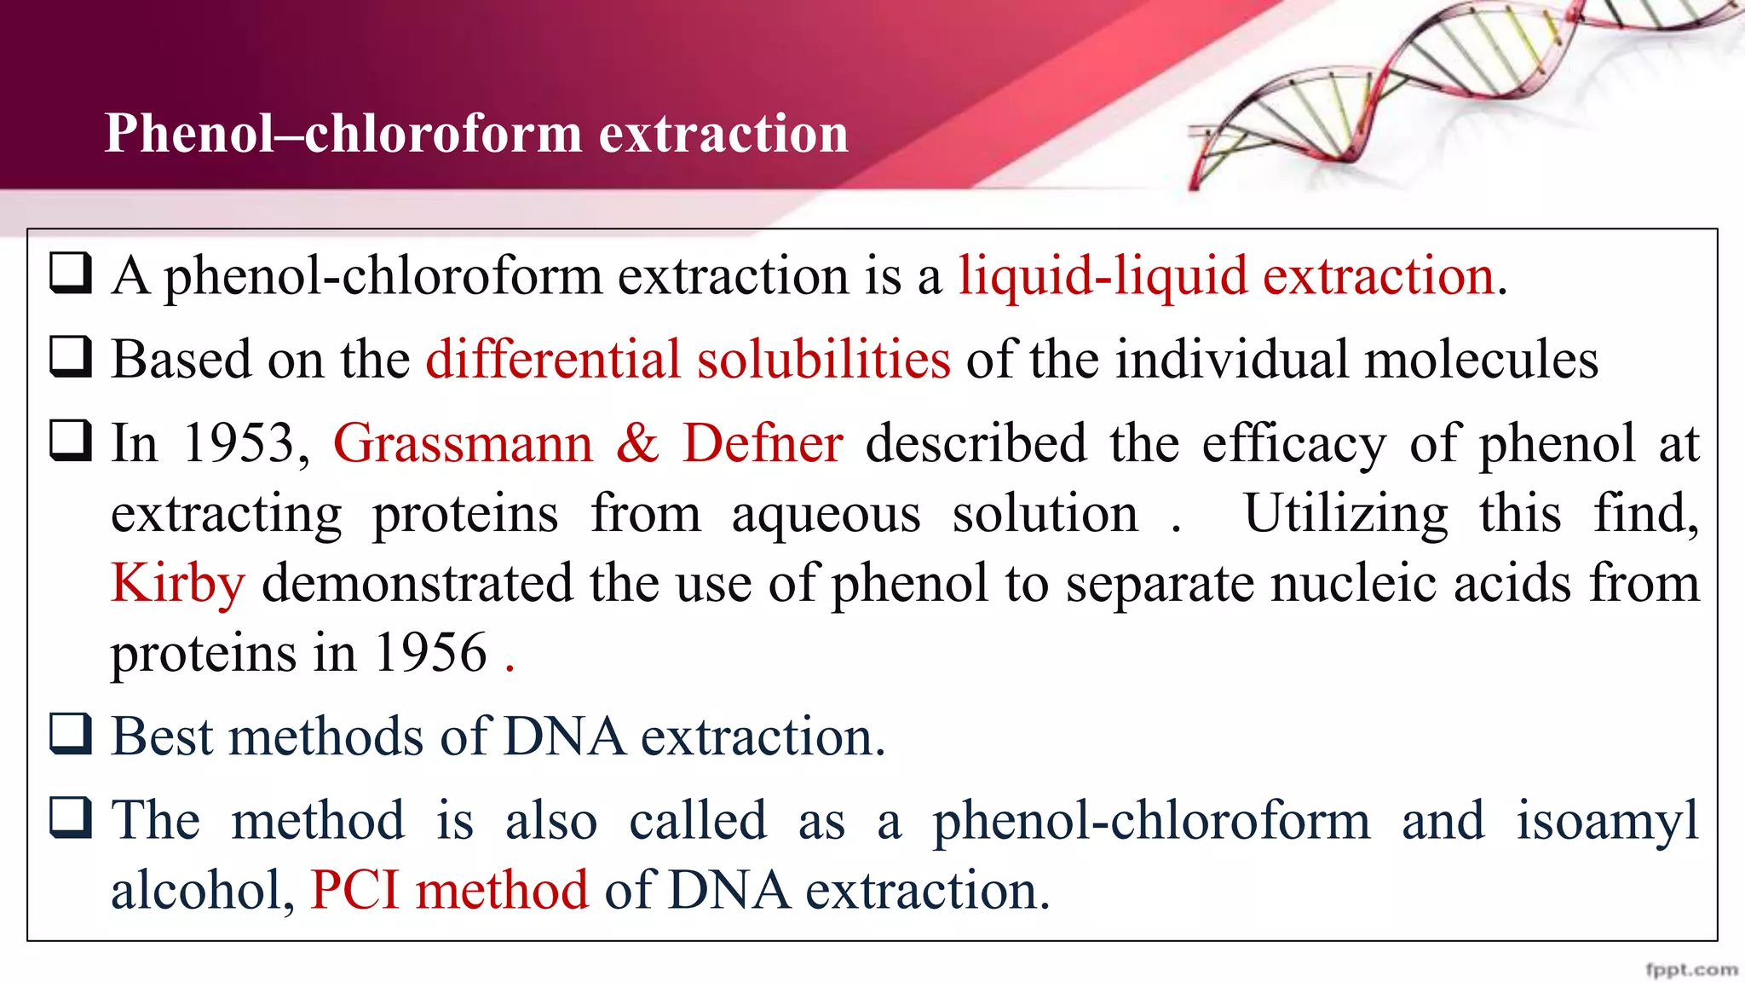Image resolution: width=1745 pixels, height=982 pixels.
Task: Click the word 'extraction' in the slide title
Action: pyautogui.click(x=723, y=134)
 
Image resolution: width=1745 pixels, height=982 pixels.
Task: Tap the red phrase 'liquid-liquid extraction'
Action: pyautogui.click(x=1227, y=276)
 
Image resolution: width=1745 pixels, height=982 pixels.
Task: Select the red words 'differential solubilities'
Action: pyautogui.click(x=688, y=359)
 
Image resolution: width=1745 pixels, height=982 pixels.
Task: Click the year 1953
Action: pyautogui.click(x=239, y=443)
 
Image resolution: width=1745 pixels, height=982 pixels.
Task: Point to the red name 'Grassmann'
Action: pyautogui.click(x=463, y=443)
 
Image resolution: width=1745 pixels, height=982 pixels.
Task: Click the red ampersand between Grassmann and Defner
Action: pyautogui.click(x=637, y=443)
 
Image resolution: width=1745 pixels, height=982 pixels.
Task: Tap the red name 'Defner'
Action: pyautogui.click(x=763, y=443)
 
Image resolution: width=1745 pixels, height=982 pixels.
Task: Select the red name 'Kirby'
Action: pyautogui.click(x=178, y=584)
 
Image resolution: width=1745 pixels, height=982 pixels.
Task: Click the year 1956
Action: pyautogui.click(x=431, y=654)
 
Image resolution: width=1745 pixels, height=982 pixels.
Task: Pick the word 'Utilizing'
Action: pyautogui.click(x=1345, y=514)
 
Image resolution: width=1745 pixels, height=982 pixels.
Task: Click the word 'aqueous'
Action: pyautogui.click(x=826, y=514)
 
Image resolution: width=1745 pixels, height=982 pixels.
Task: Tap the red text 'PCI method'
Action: pyautogui.click(x=449, y=891)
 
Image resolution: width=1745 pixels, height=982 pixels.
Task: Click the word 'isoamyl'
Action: pyautogui.click(x=1607, y=821)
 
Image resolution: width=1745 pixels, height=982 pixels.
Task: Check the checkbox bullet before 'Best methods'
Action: pyautogui.click(x=71, y=734)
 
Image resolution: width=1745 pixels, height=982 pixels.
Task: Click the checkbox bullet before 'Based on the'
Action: pyautogui.click(x=71, y=356)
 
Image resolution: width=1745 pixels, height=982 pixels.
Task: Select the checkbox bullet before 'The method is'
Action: pyautogui.click(x=71, y=817)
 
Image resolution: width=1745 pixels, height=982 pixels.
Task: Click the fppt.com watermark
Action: pyautogui.click(x=1690, y=969)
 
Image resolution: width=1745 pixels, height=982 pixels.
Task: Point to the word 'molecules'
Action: pyautogui.click(x=1482, y=359)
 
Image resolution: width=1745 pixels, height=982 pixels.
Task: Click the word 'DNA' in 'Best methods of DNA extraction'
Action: pyautogui.click(x=564, y=737)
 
